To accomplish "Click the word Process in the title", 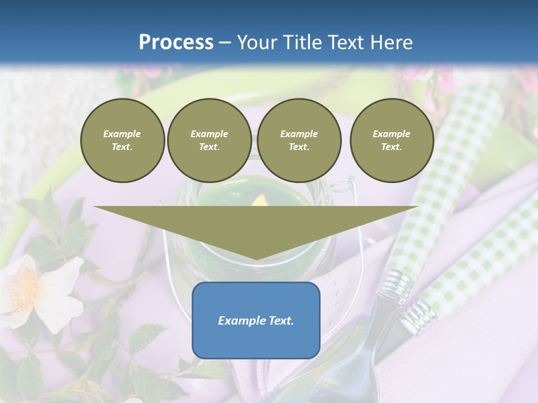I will point(176,43).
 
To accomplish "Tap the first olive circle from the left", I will point(122,140).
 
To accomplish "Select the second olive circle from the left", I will point(209,140).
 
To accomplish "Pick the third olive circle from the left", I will point(299,140).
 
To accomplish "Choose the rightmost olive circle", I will point(391,140).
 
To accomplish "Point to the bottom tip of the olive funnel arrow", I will point(256,259).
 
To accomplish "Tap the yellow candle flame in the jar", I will point(259,200).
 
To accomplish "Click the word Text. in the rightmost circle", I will point(391,147).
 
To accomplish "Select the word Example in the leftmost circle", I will point(122,134).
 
